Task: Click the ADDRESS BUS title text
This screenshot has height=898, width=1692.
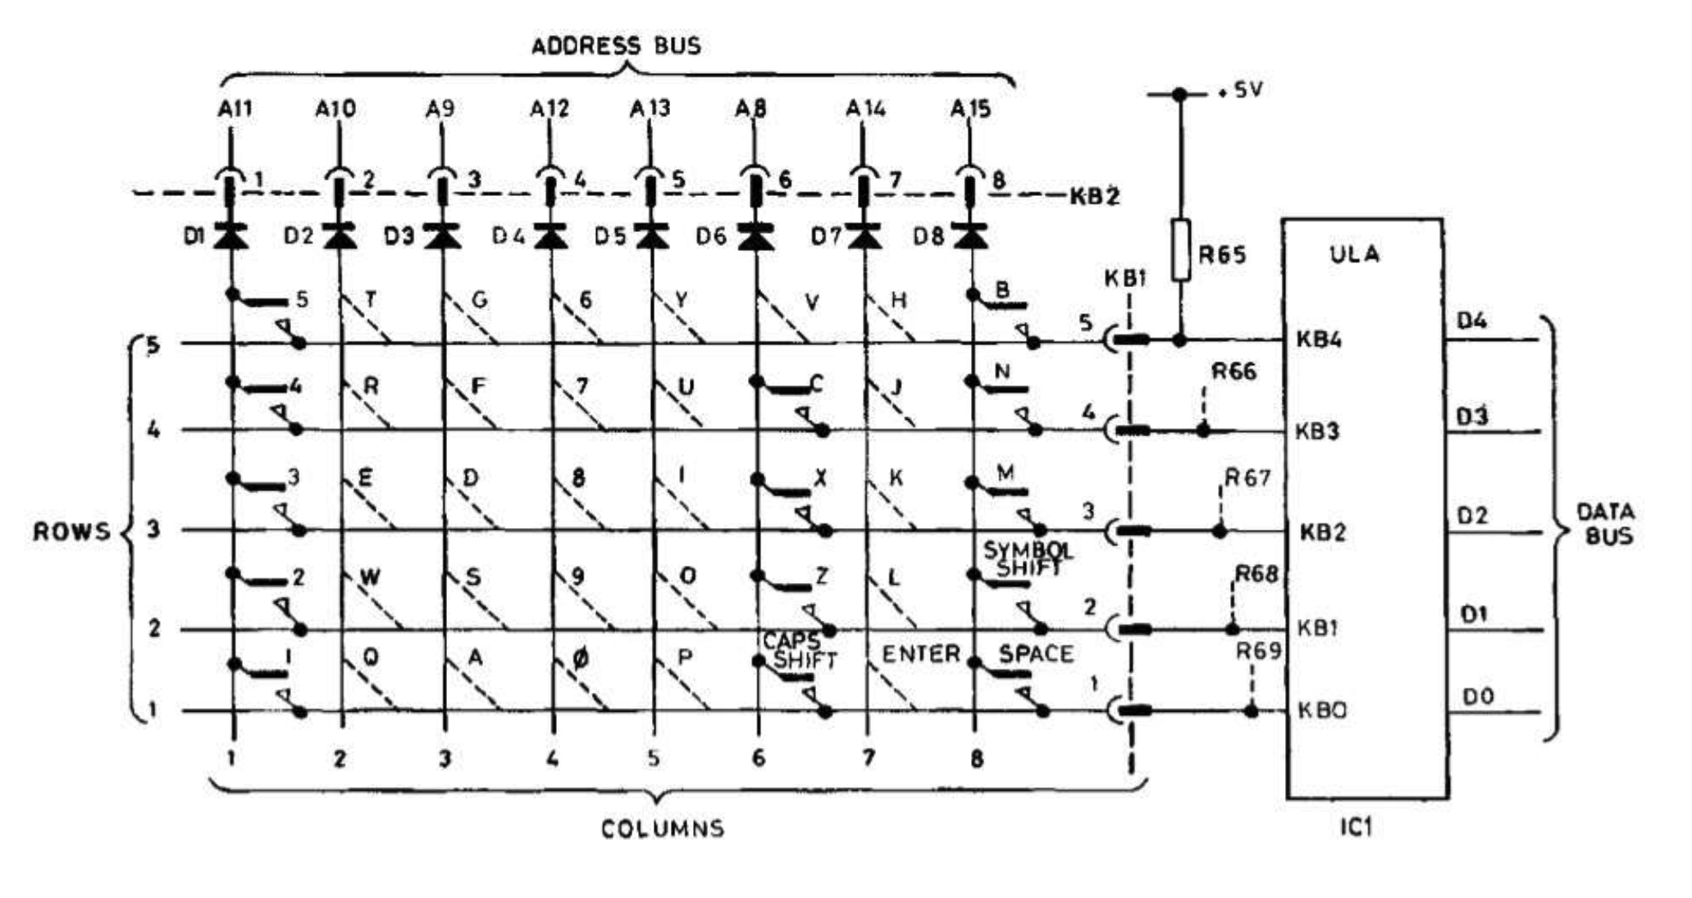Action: click(x=616, y=45)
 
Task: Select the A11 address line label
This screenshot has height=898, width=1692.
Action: click(x=235, y=108)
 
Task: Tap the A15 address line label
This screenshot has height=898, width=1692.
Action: click(x=971, y=108)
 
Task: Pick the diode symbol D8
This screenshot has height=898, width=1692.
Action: click(x=972, y=236)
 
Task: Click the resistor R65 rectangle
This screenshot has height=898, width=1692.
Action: click(x=1180, y=250)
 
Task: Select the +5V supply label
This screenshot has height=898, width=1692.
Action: click(x=1240, y=89)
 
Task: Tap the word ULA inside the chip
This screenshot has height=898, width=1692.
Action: click(x=1354, y=254)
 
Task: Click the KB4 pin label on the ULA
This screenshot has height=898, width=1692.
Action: click(x=1319, y=340)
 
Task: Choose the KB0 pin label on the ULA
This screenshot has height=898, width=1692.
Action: click(x=1321, y=709)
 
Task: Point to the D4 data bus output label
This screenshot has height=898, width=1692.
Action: click(x=1471, y=321)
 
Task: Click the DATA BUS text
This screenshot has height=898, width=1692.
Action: click(x=1605, y=525)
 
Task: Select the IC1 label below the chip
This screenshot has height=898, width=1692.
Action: click(x=1356, y=827)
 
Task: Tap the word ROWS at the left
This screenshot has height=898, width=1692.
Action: click(x=71, y=531)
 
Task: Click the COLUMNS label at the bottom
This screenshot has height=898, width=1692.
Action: click(x=663, y=828)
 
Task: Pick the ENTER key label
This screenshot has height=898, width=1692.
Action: click(x=921, y=654)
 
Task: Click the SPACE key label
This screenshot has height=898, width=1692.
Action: click(x=1035, y=654)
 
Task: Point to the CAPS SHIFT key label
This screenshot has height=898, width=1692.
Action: click(x=799, y=650)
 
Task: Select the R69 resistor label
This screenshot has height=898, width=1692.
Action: click(x=1258, y=651)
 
